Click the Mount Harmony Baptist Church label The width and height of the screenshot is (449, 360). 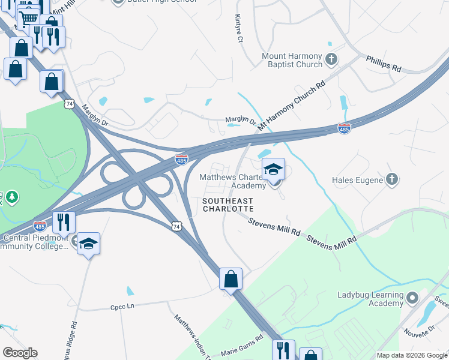(292, 60)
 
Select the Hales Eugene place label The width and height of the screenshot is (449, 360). (357, 179)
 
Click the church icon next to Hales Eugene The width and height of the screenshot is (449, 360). (391, 179)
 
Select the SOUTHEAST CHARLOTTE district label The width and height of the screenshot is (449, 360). (228, 205)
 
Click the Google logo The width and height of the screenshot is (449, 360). (20, 353)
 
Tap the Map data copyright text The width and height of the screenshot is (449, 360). (412, 355)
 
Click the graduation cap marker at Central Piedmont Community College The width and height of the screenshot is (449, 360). (88, 244)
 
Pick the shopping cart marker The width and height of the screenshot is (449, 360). (28, 19)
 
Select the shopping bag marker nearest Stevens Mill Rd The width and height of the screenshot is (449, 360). (231, 279)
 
